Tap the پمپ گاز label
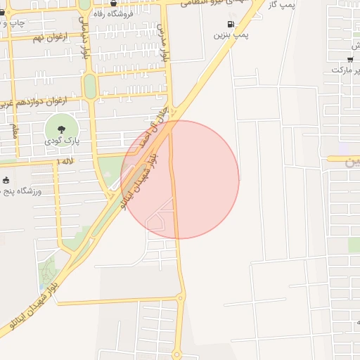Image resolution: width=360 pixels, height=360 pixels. (x=285, y=6)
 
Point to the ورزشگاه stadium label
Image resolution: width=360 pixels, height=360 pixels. (x=21, y=191)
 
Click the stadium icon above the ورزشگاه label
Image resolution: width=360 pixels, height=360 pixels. (x=6, y=181)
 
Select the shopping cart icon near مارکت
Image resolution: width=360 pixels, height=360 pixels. (x=350, y=59)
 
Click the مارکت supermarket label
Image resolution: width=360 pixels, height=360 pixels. (x=349, y=70)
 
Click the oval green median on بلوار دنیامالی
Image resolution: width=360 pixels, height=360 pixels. (x=90, y=85)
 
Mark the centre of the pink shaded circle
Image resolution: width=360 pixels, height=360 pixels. (x=180, y=180)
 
